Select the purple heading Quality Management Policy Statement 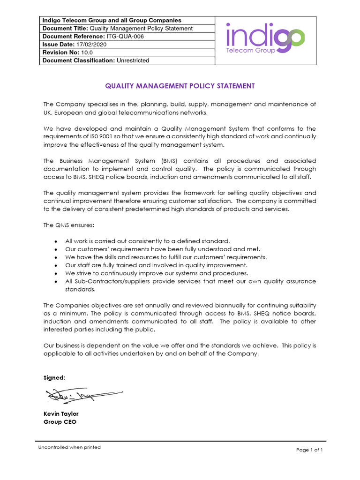[180, 86]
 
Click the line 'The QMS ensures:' [62, 225]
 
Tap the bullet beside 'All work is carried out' [56, 241]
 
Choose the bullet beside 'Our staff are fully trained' [56, 265]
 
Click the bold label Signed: [54, 377]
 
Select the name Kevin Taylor [61, 414]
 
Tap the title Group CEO [60, 422]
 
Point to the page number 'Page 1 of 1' [309, 450]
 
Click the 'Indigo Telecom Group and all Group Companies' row [112, 20]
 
